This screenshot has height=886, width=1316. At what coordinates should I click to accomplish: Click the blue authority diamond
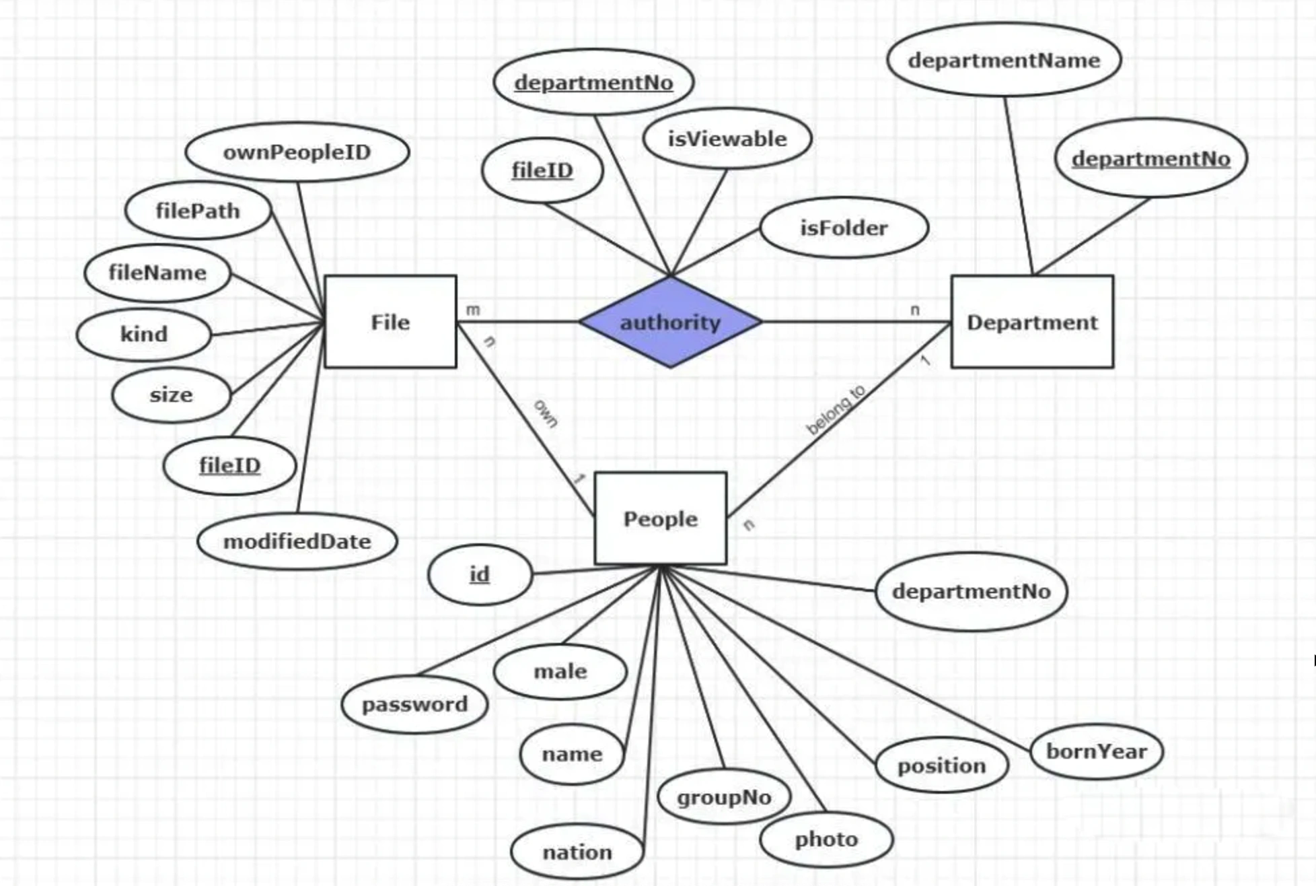(x=670, y=322)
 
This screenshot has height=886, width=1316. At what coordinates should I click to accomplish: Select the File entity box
(x=390, y=322)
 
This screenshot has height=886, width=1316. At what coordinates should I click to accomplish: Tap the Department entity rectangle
(x=1032, y=322)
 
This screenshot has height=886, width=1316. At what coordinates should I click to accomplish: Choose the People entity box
(x=661, y=518)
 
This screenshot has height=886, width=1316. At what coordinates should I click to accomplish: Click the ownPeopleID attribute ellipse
(x=297, y=152)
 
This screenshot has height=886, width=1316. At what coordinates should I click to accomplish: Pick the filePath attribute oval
(x=198, y=211)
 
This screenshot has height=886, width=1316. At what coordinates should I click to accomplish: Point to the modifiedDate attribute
(x=297, y=541)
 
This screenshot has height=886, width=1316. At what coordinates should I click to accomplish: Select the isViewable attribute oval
(x=727, y=139)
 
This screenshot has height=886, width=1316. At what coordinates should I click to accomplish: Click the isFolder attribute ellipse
(x=844, y=228)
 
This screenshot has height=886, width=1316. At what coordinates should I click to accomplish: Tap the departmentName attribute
(x=1004, y=60)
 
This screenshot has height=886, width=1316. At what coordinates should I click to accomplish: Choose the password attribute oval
(x=414, y=704)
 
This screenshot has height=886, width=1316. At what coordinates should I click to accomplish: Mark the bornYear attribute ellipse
(x=1097, y=751)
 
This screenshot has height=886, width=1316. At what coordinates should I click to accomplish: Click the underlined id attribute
(x=480, y=574)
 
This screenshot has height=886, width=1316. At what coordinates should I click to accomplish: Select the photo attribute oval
(x=826, y=839)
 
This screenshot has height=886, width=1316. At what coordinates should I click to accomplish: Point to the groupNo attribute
(x=724, y=797)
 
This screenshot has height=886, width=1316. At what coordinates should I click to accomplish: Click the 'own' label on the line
(x=546, y=413)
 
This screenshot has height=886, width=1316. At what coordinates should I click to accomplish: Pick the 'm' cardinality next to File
(x=473, y=310)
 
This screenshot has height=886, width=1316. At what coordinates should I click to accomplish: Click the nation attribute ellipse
(x=577, y=852)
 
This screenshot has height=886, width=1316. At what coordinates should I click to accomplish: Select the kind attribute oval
(x=144, y=334)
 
